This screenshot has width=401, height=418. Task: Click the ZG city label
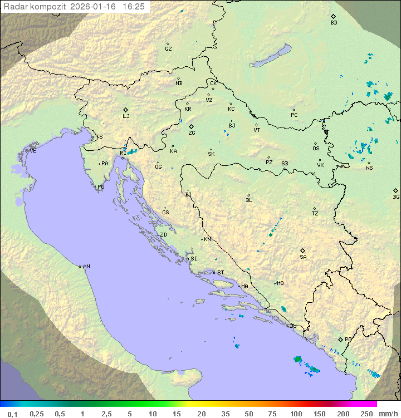[x=192, y=134]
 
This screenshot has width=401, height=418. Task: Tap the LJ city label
[x=126, y=116]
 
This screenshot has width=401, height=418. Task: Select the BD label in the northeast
[x=334, y=23]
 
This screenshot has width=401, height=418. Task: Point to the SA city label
[x=303, y=257]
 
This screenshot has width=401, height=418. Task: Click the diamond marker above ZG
[x=191, y=127]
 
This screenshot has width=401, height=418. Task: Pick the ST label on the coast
[x=221, y=273]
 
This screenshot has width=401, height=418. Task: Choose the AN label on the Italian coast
[x=86, y=267]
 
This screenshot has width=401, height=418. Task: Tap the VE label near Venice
[x=33, y=151]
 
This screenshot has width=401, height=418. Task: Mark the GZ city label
[x=168, y=49]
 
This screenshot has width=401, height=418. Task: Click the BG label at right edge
[x=396, y=197]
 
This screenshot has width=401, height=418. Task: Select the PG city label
[x=348, y=339]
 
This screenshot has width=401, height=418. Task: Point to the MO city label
[x=280, y=283]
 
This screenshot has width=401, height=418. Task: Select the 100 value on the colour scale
[x=296, y=414]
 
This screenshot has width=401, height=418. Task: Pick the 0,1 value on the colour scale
[x=12, y=414]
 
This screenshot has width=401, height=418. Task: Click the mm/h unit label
[x=387, y=414]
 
